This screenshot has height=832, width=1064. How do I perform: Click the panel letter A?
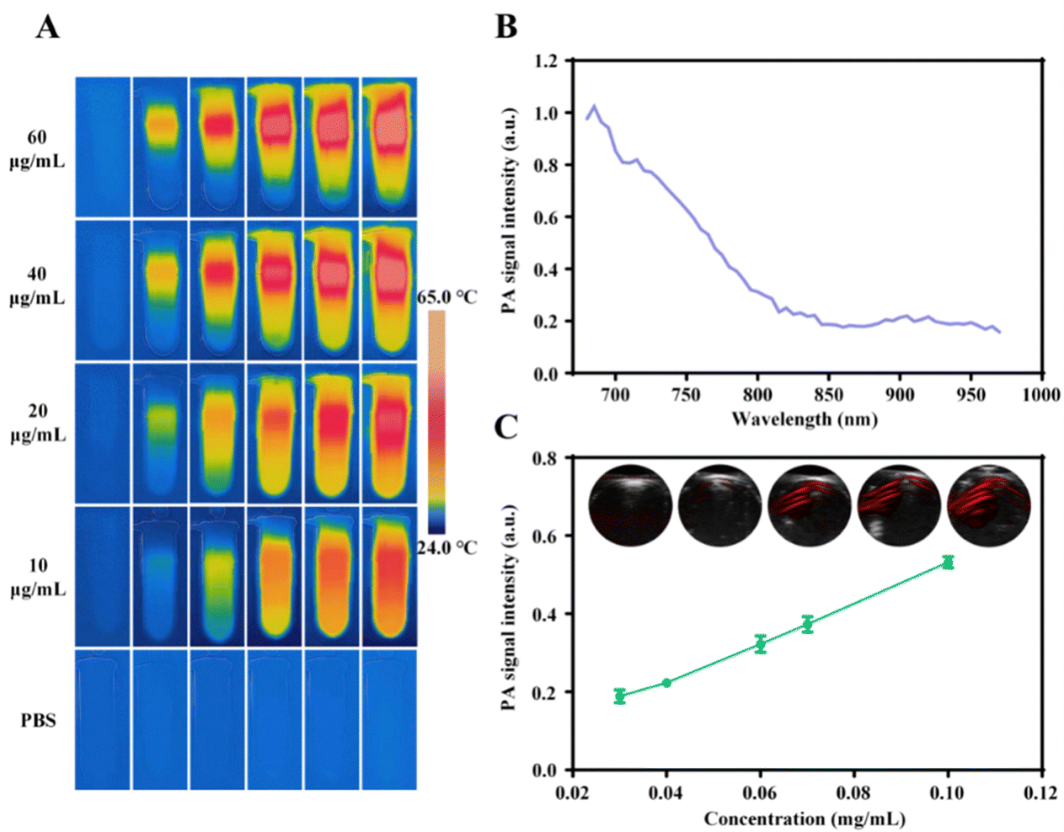[x=47, y=28]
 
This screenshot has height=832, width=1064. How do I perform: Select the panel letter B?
[x=505, y=26]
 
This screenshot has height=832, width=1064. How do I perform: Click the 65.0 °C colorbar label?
[x=447, y=297]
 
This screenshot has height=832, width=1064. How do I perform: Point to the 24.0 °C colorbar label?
[x=447, y=547]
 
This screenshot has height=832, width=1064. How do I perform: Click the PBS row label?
[x=38, y=721]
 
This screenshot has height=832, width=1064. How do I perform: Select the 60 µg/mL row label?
[x=37, y=149]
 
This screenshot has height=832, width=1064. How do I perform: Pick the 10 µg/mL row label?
[x=38, y=578]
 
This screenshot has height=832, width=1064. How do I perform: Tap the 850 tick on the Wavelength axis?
[x=828, y=394]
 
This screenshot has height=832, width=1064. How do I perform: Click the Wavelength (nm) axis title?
[x=805, y=419]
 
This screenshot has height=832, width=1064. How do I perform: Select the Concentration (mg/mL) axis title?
[x=805, y=819]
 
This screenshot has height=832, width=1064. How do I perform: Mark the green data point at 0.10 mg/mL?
[x=949, y=563]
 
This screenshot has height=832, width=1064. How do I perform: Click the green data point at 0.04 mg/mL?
[x=666, y=683]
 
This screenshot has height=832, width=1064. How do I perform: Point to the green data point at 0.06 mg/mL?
[x=761, y=644]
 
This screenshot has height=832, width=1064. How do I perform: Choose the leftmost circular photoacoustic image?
[x=631, y=505]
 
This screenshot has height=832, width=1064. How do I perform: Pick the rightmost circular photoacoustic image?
[x=989, y=505]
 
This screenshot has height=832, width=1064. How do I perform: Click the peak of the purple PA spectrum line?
[x=594, y=105]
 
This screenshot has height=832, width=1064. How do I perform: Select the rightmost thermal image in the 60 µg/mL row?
[x=389, y=147]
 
